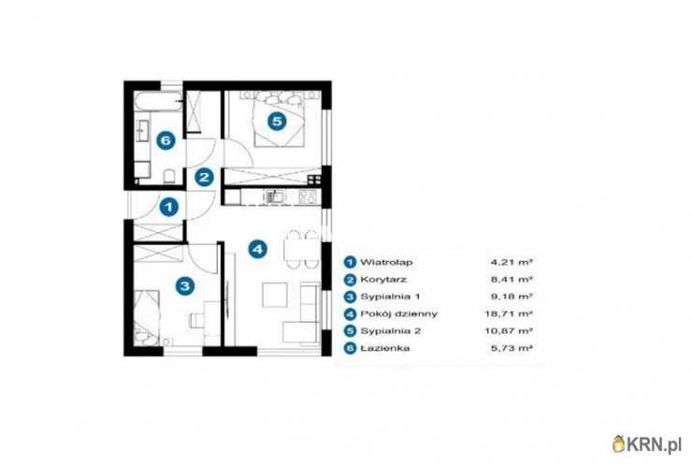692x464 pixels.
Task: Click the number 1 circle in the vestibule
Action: [x=168, y=207]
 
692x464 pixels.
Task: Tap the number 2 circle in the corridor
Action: [x=204, y=178]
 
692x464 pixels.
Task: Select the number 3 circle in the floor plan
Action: [x=185, y=285]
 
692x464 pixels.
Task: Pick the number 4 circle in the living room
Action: [x=258, y=250]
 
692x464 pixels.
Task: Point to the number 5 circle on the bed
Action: [x=277, y=121]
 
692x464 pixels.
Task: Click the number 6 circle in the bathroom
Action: [x=166, y=140]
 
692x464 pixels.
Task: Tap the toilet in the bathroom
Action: [x=169, y=176]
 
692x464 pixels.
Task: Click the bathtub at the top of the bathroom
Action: [x=158, y=102]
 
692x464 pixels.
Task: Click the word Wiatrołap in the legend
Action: [x=386, y=262]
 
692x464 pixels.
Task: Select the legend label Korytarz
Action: [x=383, y=280]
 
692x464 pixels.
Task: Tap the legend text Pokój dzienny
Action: [x=399, y=314]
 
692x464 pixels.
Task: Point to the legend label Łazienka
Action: [x=385, y=348]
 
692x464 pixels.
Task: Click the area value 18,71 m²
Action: [x=509, y=314]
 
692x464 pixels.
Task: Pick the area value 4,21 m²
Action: [x=512, y=262]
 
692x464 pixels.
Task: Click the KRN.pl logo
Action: [x=647, y=443]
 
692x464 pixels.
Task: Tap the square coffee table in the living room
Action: [x=275, y=295]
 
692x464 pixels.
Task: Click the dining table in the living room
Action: [x=302, y=250]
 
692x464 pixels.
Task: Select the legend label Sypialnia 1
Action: [x=390, y=297]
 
